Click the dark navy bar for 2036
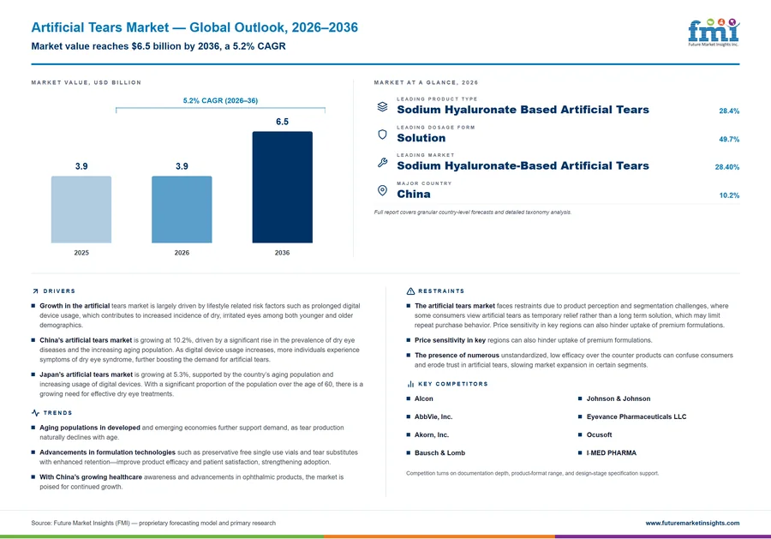click(x=282, y=187)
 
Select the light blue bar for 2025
click(x=81, y=209)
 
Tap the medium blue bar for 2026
click(x=182, y=209)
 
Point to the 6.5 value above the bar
click(x=282, y=122)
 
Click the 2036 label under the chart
click(x=282, y=253)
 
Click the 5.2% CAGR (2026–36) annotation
click(x=220, y=100)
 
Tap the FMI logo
click(x=714, y=33)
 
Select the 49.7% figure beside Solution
click(x=729, y=139)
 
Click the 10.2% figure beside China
click(x=729, y=195)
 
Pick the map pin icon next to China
click(x=382, y=190)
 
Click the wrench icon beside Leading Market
click(x=382, y=162)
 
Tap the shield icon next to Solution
click(x=382, y=135)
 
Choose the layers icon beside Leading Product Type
click(x=382, y=106)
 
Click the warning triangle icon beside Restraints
click(x=410, y=291)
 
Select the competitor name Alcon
click(x=424, y=398)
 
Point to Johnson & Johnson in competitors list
click(x=618, y=398)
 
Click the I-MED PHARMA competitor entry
click(x=611, y=453)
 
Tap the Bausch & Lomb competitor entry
click(x=439, y=453)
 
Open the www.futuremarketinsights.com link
click(x=692, y=523)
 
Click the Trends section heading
click(x=57, y=413)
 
